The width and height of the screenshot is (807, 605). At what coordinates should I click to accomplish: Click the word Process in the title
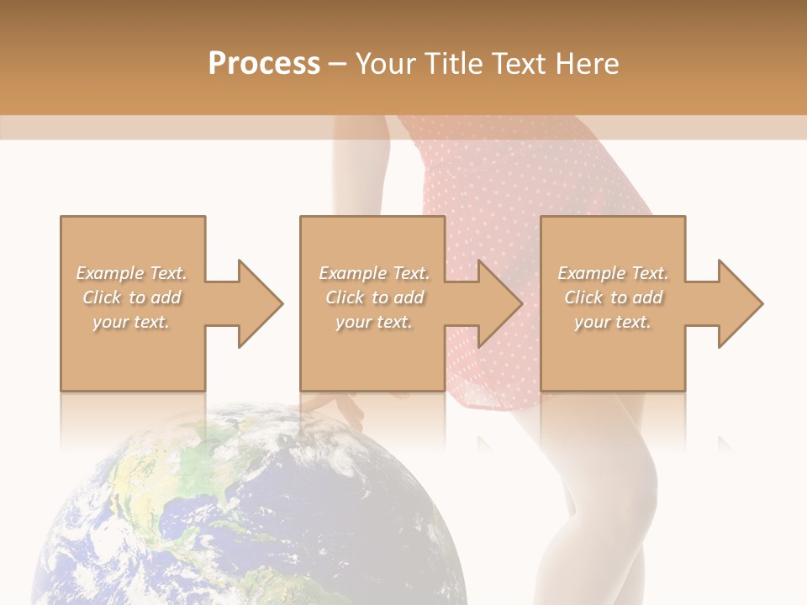click(x=264, y=64)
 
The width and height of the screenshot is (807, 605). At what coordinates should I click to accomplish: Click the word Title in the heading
click(x=451, y=64)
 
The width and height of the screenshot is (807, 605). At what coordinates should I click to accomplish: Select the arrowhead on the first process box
click(x=256, y=303)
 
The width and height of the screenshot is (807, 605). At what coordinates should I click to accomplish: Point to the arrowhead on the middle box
click(x=496, y=303)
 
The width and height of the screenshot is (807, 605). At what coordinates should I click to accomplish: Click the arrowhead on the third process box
click(x=736, y=303)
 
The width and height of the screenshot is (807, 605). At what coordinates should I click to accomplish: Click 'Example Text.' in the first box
click(x=132, y=273)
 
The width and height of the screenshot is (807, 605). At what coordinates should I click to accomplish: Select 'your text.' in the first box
click(x=132, y=322)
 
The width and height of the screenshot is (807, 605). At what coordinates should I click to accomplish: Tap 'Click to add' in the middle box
click(x=374, y=297)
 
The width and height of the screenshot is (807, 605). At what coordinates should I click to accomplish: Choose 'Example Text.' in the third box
click(x=613, y=273)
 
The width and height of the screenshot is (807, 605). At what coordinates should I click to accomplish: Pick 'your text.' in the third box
click(x=613, y=322)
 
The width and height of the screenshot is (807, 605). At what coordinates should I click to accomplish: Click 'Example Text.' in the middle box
click(x=374, y=273)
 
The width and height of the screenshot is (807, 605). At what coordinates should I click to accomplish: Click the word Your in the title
click(x=386, y=64)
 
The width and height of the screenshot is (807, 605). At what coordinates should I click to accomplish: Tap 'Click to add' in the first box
click(x=132, y=297)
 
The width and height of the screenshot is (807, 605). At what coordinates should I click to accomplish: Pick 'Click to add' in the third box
click(x=613, y=297)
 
